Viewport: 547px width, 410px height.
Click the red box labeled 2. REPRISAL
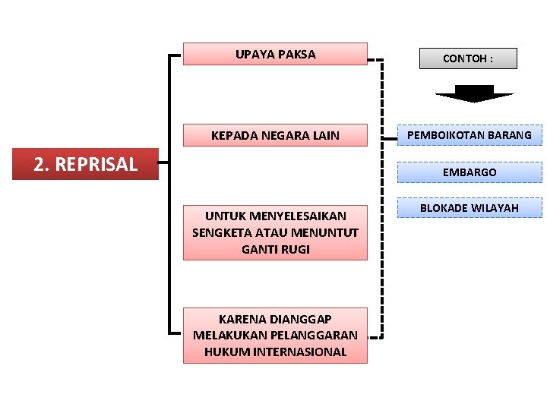86,164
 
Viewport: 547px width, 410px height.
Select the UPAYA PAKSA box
275,54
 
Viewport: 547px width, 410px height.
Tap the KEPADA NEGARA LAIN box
275,136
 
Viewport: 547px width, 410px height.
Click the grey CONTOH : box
468,58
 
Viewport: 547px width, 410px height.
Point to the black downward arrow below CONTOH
473,93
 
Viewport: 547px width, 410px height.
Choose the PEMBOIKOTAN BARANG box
470,135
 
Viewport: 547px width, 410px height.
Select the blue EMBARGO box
470,172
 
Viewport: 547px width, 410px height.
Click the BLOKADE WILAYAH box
470,207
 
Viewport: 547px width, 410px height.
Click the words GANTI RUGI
275,249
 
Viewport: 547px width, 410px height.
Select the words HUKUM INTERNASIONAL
275,352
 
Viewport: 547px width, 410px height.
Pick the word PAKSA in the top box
297,54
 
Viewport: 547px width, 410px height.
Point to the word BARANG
510,135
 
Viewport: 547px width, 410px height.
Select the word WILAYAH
495,207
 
